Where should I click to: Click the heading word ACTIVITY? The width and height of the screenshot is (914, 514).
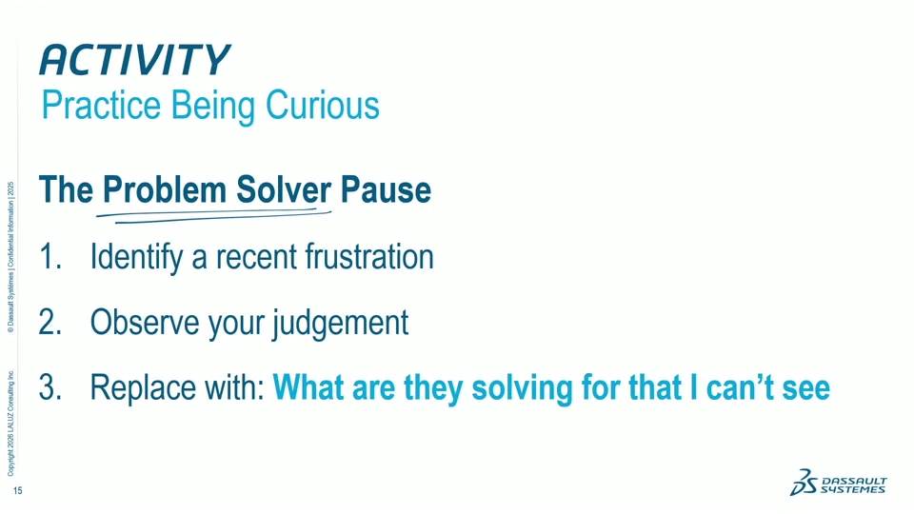click(x=135, y=59)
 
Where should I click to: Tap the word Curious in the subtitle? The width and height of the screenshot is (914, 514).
click(x=323, y=105)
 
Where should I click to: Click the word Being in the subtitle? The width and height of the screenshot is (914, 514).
click(x=213, y=107)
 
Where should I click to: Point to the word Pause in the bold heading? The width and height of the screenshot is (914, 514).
click(x=386, y=190)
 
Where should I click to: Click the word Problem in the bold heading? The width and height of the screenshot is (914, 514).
click(x=165, y=190)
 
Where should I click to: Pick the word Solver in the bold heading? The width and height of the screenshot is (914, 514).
click(x=284, y=190)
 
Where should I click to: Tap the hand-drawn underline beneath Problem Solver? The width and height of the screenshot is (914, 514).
click(x=214, y=215)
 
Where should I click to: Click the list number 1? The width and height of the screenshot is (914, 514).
click(x=50, y=256)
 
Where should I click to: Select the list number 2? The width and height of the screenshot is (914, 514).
click(x=50, y=322)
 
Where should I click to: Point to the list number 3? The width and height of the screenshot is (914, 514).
click(x=50, y=387)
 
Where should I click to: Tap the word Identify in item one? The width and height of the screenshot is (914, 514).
click(x=136, y=258)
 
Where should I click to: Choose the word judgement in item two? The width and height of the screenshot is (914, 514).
click(x=341, y=324)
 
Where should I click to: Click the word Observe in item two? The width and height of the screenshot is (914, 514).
click(x=145, y=322)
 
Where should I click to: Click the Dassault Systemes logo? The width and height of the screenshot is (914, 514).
click(x=838, y=482)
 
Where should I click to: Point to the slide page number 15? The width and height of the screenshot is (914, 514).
click(x=17, y=491)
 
